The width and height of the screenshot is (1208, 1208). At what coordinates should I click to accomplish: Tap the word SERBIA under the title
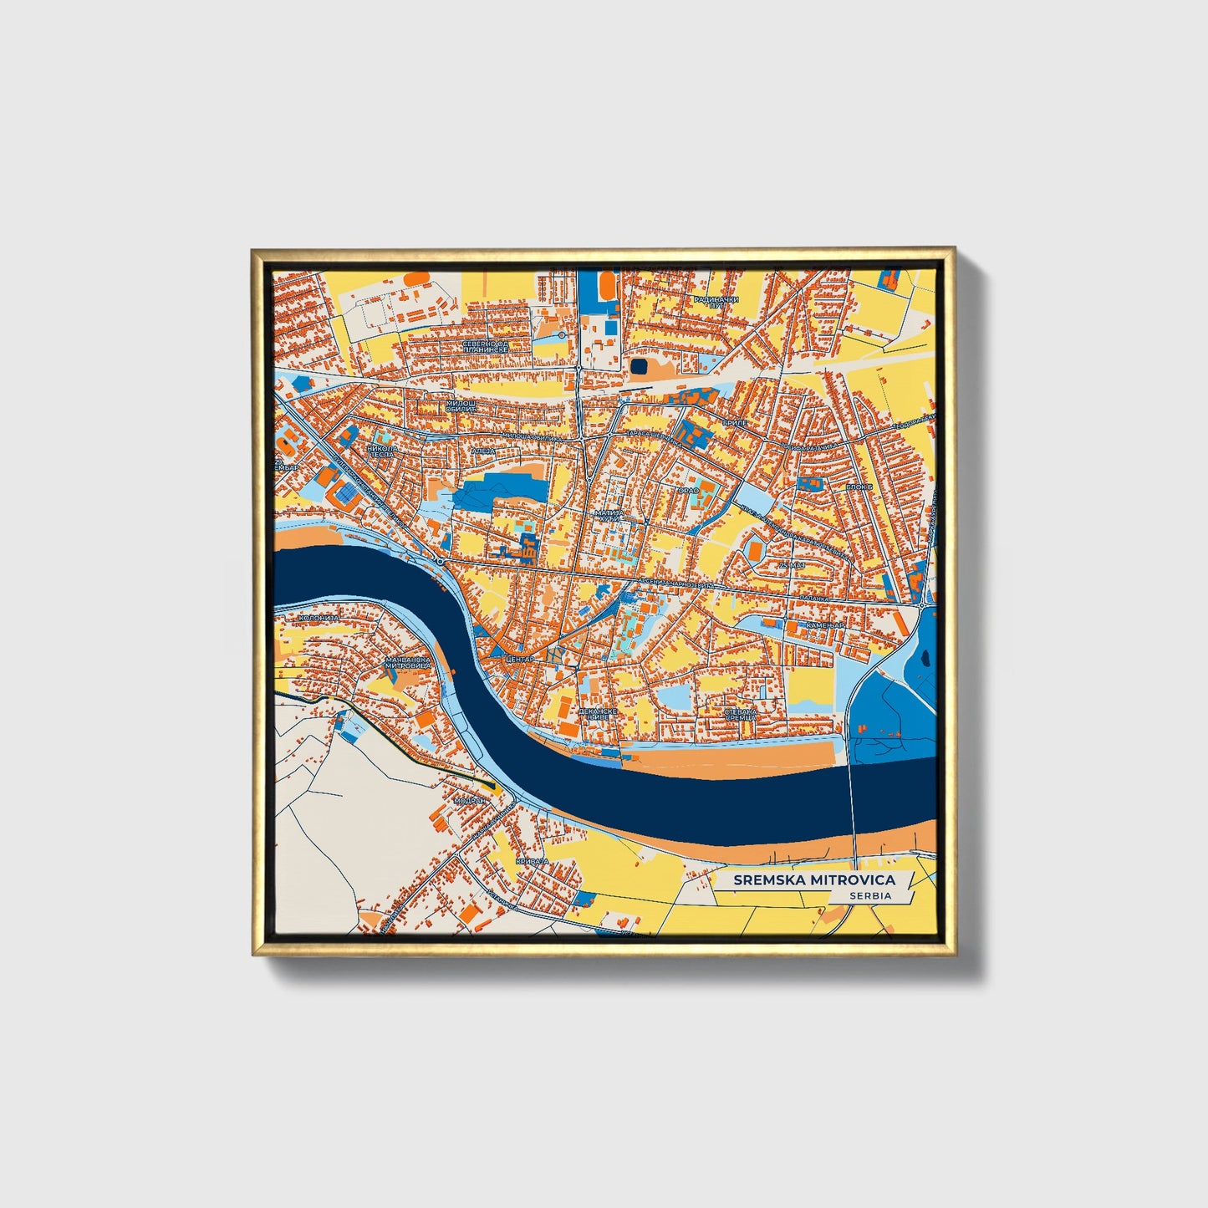870,895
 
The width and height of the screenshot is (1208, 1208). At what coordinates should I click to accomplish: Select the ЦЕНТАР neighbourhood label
519,660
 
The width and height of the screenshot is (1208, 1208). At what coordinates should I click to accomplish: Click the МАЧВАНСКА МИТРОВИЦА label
408,662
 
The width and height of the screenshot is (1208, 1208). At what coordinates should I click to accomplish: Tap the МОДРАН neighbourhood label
469,800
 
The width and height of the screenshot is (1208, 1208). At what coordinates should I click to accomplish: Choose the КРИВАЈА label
533,860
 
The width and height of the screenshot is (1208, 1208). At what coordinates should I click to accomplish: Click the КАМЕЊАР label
824,625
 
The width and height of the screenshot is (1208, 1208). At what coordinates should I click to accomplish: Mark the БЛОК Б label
859,487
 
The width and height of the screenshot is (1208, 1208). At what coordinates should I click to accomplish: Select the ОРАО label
688,490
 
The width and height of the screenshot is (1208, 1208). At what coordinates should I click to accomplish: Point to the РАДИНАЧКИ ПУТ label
716,303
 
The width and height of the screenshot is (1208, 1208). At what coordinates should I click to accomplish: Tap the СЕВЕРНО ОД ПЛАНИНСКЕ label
486,346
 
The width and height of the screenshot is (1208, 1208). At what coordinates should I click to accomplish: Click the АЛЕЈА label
484,451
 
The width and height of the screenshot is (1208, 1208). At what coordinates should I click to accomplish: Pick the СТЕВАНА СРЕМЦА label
740,714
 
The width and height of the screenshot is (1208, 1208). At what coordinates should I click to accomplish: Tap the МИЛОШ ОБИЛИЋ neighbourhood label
461,405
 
